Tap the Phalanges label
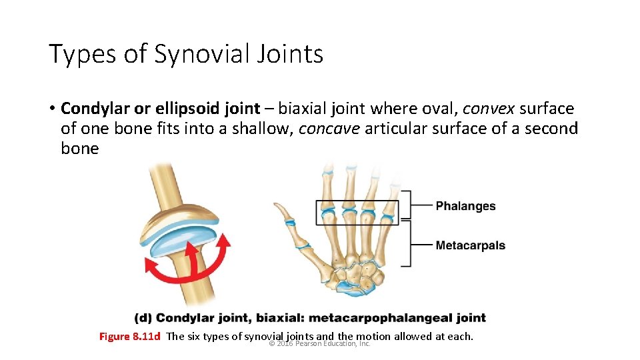point(465,206)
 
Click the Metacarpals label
point(470,245)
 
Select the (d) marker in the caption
point(143,318)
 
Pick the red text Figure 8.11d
point(129,336)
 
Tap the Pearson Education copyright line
point(319,344)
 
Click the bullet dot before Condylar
point(52,109)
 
